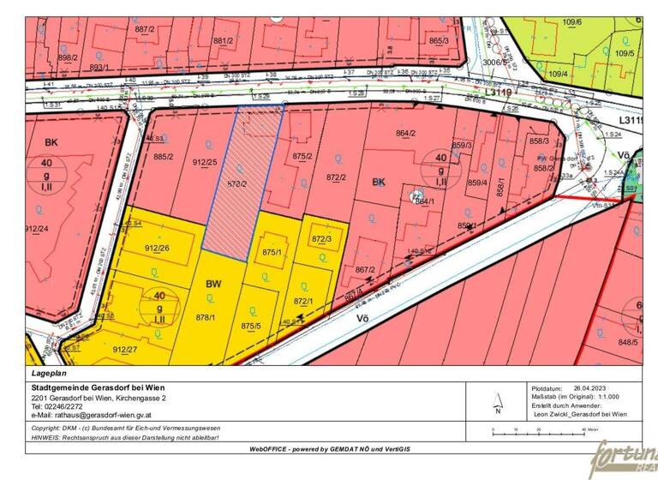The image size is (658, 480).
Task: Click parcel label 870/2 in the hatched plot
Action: (x=237, y=183)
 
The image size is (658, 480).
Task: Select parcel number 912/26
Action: (x=157, y=249)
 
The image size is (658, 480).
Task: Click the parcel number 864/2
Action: (x=405, y=133)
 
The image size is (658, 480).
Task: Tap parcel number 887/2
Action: (x=146, y=29)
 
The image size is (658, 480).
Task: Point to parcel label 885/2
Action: (x=164, y=156)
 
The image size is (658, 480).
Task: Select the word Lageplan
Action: (x=48, y=374)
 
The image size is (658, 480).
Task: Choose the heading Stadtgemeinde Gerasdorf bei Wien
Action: (x=98, y=388)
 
